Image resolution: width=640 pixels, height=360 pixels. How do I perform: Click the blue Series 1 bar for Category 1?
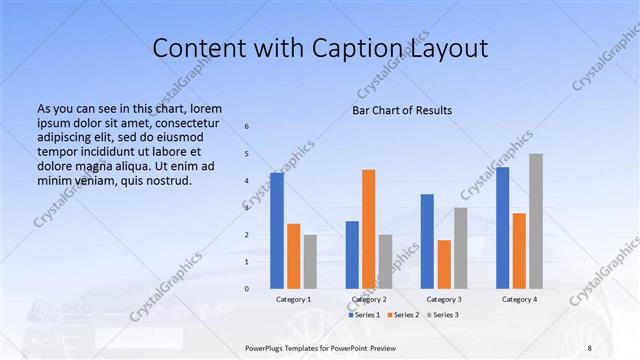277,230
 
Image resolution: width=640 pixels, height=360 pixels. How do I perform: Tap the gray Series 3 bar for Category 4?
536,221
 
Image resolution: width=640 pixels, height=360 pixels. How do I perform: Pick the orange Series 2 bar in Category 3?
444,264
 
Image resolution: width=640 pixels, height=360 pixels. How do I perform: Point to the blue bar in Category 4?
502,228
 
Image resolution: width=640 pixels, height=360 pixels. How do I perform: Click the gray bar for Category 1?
310,261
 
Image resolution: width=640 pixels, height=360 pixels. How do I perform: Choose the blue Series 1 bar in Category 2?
352,254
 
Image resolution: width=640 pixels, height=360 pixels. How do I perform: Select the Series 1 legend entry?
364,315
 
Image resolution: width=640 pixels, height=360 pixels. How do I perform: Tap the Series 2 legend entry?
402,315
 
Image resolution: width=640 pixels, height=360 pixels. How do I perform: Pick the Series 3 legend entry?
442,315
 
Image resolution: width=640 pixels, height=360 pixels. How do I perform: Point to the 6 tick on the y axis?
246,127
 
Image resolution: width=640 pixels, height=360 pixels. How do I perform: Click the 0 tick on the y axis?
246,288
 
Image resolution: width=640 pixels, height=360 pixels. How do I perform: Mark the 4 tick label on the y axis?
246,181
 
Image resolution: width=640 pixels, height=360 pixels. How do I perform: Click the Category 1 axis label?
293,299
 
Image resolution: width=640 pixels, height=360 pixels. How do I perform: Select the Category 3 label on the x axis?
444,299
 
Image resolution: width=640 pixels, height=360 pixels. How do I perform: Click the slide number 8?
589,347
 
